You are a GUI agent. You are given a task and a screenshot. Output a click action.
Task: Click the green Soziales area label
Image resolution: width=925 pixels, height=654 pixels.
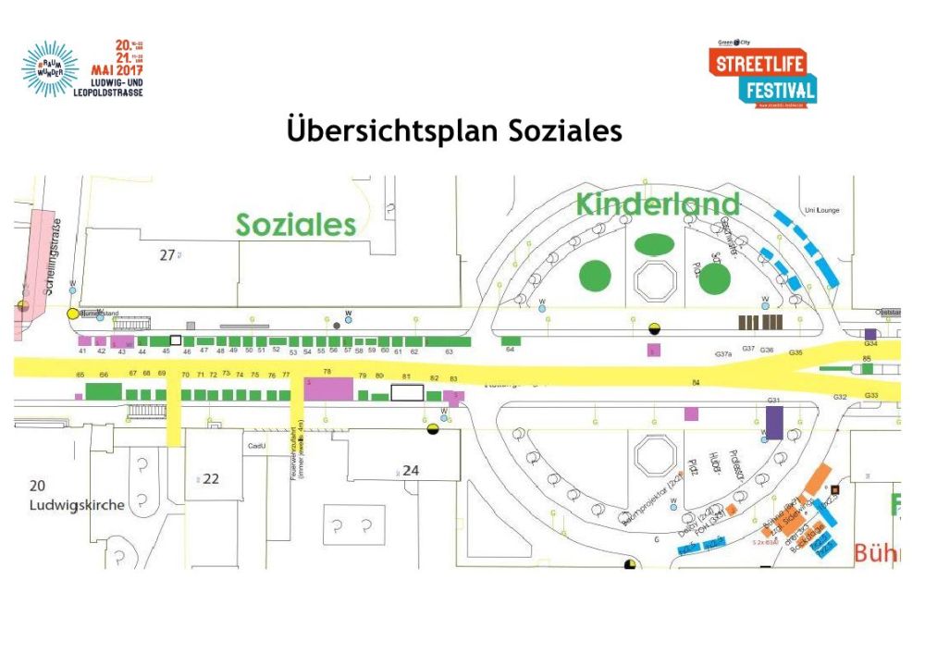295,225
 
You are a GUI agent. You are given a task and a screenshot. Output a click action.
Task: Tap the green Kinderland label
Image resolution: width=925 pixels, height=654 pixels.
658,204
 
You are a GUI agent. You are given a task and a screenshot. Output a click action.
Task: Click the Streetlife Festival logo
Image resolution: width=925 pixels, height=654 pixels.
763,75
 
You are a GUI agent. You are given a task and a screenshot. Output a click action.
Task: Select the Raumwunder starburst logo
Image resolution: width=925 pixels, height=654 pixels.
51,68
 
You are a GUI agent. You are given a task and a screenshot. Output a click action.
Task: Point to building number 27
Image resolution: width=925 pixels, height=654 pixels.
166,255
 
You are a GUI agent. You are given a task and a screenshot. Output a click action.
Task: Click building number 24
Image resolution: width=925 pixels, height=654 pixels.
411,470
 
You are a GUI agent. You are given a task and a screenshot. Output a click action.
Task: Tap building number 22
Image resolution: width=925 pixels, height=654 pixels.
211,478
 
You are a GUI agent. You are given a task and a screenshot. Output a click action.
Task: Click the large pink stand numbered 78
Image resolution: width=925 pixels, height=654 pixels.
328,389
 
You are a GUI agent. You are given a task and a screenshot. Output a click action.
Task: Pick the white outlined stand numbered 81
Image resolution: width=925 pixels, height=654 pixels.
406,392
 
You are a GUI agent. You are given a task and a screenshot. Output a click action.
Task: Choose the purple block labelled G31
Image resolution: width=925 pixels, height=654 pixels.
775,423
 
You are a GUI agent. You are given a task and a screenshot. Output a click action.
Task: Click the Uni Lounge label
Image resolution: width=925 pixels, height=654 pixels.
821,211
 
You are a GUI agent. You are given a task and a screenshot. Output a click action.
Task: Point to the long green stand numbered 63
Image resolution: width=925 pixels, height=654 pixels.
448,342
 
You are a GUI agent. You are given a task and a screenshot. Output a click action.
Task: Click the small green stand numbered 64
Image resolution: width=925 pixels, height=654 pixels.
510,341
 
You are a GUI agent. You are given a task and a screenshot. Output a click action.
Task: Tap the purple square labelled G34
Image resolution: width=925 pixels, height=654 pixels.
870,334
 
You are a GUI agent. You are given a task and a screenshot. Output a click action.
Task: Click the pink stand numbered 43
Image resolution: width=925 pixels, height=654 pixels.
122,342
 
